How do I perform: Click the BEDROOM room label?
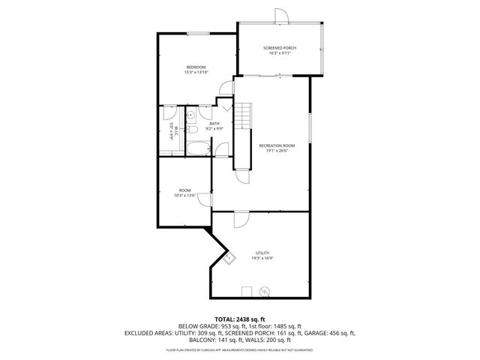pyautogui.click(x=196, y=67)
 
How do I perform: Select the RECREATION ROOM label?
pyautogui.click(x=276, y=145)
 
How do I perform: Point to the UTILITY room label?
pyautogui.click(x=262, y=253)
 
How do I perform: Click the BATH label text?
pyautogui.click(x=214, y=124)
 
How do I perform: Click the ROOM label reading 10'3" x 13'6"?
pyautogui.click(x=184, y=190)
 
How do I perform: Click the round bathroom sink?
pyautogui.click(x=190, y=115)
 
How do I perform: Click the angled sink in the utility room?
pyautogui.click(x=229, y=259)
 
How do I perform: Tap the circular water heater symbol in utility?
pyautogui.click(x=263, y=290)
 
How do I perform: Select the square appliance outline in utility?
pyautogui.click(x=245, y=290)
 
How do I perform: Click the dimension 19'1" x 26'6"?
pyautogui.click(x=276, y=150)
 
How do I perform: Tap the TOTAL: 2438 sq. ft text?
pyautogui.click(x=239, y=319)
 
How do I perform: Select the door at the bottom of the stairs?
pyautogui.click(x=241, y=174)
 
